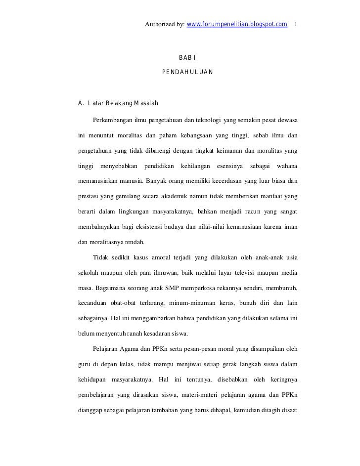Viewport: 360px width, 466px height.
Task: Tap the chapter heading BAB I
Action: click(188, 59)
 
